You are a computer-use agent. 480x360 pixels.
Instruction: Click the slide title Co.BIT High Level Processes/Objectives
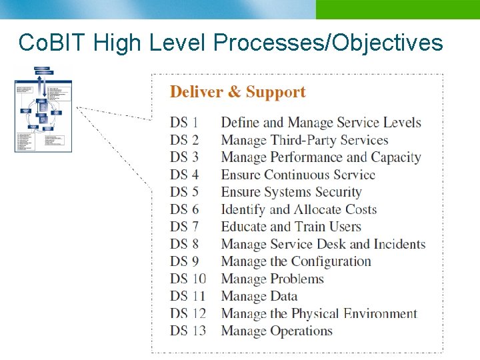point(231,43)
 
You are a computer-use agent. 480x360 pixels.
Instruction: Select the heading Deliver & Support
point(238,92)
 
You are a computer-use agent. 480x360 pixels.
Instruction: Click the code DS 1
point(184,123)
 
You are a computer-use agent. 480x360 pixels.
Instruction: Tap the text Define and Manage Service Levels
point(321,123)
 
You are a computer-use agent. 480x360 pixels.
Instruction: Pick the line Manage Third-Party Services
point(304,140)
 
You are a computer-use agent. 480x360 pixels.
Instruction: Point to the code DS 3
point(184,157)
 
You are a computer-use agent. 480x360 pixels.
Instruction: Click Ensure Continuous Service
point(298,175)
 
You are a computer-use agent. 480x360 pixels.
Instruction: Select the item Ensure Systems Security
point(291,192)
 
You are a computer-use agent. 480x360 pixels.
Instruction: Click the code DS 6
point(184,209)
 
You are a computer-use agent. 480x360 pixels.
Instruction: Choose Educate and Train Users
point(291,227)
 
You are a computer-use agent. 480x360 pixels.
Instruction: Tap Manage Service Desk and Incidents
point(323,244)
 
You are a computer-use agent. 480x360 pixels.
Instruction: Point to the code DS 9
point(184,261)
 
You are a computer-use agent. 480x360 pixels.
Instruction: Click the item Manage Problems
point(272,279)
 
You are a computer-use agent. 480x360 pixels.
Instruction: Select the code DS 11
point(187,296)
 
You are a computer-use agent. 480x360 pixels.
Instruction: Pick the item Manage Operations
point(276,331)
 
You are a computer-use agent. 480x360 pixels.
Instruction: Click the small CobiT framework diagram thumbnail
point(43,109)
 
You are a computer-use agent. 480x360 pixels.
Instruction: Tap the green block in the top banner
point(397,9)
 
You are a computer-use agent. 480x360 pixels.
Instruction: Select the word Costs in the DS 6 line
point(361,209)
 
